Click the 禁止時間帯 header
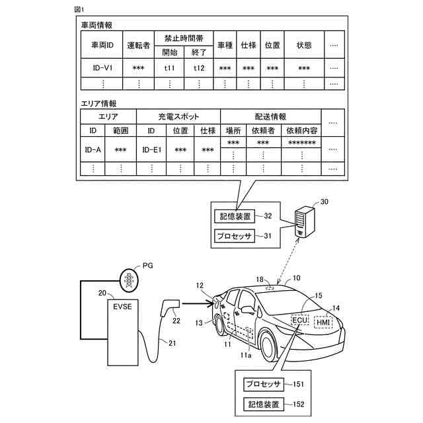pos(184,37)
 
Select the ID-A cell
pos(93,150)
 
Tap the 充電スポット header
pos(178,116)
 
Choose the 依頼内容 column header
pos(302,130)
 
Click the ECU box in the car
pos(299,320)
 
